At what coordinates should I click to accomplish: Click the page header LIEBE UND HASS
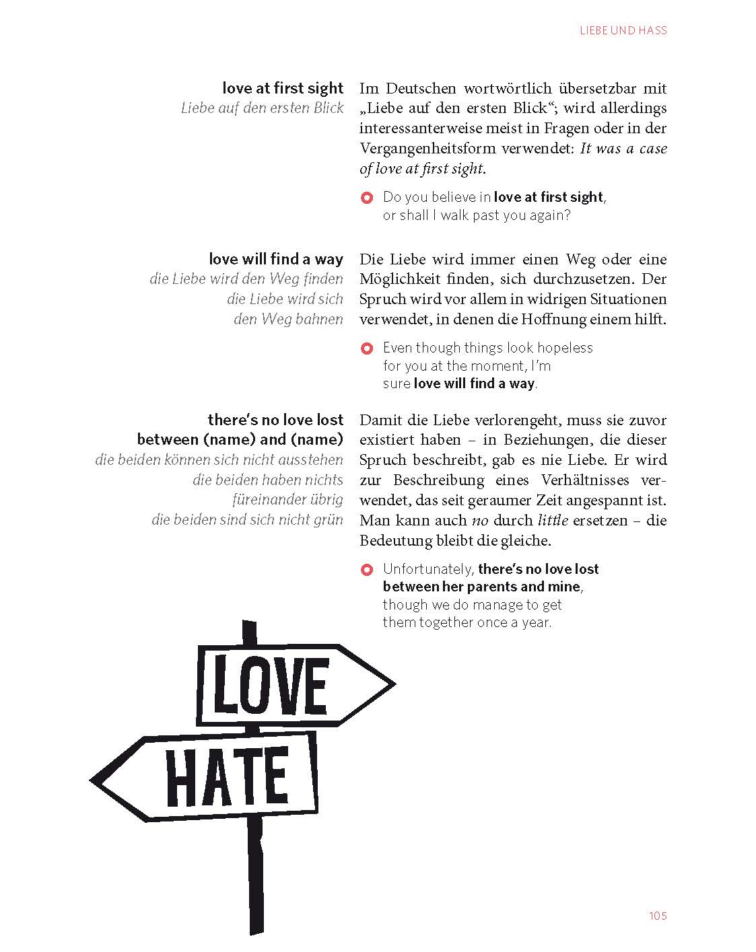click(623, 30)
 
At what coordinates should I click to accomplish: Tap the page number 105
click(658, 916)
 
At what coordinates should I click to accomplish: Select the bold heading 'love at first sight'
click(283, 88)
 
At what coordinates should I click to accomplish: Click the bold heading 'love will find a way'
click(276, 259)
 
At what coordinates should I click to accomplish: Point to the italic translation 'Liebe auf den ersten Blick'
click(263, 108)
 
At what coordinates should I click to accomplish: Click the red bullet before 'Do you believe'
click(367, 198)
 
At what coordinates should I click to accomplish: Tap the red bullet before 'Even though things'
click(367, 349)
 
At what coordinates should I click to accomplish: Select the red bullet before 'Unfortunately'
click(367, 571)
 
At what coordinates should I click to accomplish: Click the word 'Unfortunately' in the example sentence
click(428, 569)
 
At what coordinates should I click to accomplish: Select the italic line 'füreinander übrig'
click(287, 500)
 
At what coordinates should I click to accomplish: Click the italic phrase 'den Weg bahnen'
click(288, 319)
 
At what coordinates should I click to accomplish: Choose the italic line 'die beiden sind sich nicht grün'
click(247, 520)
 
